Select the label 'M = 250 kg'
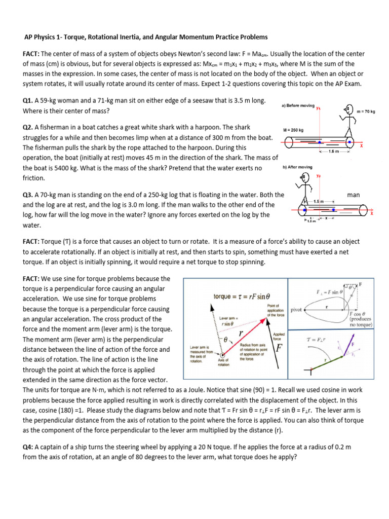coord(294,130)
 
